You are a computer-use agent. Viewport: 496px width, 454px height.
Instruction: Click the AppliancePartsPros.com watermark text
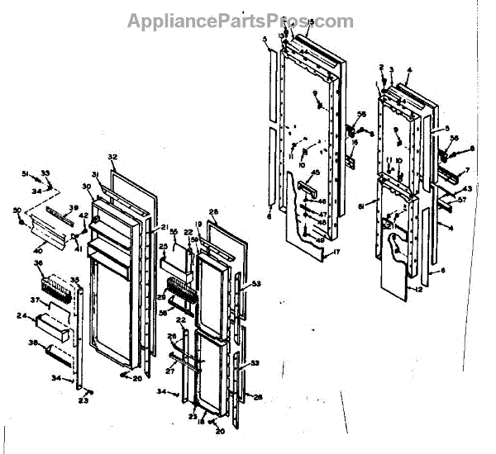240,21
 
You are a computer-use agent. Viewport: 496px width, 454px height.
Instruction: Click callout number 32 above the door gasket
113,157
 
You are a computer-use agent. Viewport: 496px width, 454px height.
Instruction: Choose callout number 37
36,300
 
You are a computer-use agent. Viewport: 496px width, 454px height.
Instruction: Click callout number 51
26,173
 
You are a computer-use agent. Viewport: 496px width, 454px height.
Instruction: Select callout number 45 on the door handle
315,173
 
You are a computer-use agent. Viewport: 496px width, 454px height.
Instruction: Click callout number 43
467,189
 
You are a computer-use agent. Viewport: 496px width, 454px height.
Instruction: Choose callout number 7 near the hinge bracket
466,170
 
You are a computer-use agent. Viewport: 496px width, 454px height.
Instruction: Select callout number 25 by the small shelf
163,246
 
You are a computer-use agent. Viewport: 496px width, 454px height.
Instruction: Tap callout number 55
174,233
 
